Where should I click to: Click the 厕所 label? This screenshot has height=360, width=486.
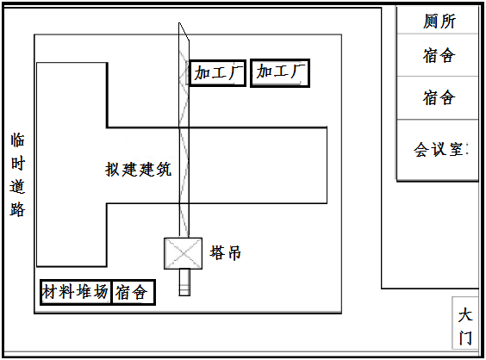click(439, 22)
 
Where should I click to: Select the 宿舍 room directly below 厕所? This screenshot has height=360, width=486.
click(438, 55)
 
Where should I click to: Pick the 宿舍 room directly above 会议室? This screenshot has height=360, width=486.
click(438, 97)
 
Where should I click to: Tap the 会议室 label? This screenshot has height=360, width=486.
click(439, 149)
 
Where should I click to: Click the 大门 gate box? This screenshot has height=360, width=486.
click(465, 323)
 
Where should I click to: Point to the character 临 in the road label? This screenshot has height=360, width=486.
click(18, 140)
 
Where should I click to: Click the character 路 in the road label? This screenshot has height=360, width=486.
click(18, 209)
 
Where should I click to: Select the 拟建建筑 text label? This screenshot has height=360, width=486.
click(138, 169)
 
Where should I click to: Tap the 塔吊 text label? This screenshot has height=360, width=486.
click(225, 253)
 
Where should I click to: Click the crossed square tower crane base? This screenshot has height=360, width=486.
click(184, 253)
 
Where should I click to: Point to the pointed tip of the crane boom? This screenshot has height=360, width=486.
click(179, 22)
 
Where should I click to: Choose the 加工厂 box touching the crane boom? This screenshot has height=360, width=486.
click(218, 73)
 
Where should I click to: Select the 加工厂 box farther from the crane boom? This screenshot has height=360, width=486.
click(280, 73)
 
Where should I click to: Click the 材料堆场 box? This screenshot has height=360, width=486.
click(76, 292)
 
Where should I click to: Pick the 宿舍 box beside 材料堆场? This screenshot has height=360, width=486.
click(134, 293)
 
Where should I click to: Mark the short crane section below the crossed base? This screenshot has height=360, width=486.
click(184, 282)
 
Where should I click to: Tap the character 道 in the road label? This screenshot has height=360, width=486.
click(18, 187)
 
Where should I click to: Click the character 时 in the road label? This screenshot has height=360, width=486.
click(18, 164)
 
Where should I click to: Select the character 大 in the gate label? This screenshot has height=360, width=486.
click(465, 314)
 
